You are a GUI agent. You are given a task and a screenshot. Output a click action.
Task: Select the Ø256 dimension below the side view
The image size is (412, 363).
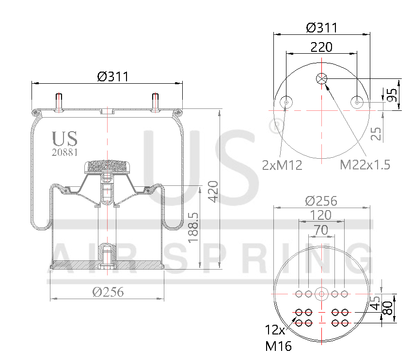point(108,292)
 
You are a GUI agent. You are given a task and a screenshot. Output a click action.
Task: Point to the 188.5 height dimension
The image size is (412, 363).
point(192,227)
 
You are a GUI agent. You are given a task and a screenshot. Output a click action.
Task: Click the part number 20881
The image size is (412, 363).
point(64,152)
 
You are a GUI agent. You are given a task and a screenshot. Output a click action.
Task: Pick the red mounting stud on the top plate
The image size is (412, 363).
point(156,102)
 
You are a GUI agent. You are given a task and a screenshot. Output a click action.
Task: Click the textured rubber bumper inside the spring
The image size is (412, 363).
point(108,167)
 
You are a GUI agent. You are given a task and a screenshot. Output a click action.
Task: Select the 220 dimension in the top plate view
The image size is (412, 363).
point(321,47)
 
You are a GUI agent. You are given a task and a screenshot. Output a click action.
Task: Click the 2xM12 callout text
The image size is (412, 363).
point(282,165)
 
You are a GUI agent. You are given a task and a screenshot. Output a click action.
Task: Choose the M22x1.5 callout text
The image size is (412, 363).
point(364,165)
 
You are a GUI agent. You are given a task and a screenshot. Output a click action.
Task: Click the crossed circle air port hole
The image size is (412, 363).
point(322,79)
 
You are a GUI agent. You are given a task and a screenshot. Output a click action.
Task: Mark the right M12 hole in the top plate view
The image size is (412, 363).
point(357,102)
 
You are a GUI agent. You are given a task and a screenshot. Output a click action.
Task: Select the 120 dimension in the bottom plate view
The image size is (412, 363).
point(321,214)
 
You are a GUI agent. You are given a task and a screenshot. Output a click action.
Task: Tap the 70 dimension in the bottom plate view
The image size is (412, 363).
point(321,230)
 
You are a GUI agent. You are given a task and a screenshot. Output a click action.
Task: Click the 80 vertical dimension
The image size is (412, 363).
point(388,308)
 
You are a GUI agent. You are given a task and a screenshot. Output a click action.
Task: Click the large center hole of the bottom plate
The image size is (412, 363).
point(321,294)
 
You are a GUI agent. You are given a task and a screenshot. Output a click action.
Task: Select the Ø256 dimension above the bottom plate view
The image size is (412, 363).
point(321,200)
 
